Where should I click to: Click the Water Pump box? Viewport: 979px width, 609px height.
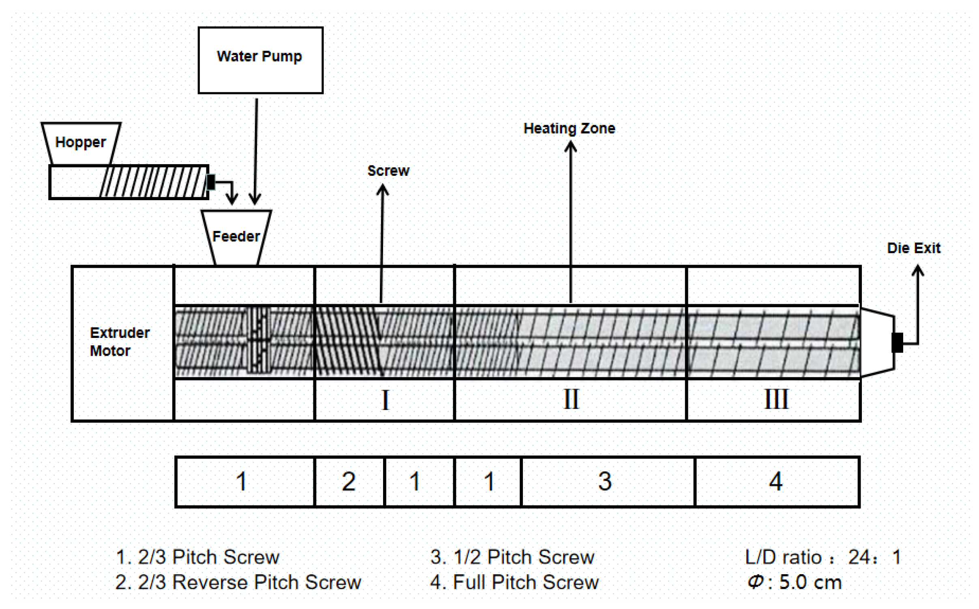pos(260,60)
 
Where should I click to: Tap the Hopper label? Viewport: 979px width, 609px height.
pos(80,142)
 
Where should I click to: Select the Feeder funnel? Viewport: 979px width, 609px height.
pos(236,237)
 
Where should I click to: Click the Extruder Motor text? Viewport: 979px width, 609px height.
pos(119,341)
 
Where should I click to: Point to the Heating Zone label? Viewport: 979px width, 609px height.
pos(569,128)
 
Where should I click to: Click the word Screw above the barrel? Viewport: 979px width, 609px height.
pos(388,171)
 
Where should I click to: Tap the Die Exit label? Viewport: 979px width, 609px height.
pos(913,248)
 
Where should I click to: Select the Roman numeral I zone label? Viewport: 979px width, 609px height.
pos(385,400)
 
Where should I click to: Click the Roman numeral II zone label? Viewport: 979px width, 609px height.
pos(571,400)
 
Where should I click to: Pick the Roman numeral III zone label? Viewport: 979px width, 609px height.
pos(775,400)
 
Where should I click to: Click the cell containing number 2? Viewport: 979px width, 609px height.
pos(349,481)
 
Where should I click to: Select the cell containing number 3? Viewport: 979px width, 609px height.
pos(605,481)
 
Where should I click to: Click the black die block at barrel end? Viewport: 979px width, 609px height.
pos(897,342)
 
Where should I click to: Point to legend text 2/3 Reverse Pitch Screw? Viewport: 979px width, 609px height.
pos(238,582)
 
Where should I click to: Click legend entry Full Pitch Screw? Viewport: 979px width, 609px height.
pos(514,582)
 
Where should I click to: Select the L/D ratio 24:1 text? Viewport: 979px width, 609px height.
pos(823,557)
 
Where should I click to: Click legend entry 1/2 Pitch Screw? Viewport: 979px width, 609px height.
pos(512,557)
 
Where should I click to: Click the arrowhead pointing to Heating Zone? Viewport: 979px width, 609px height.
pos(570,146)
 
